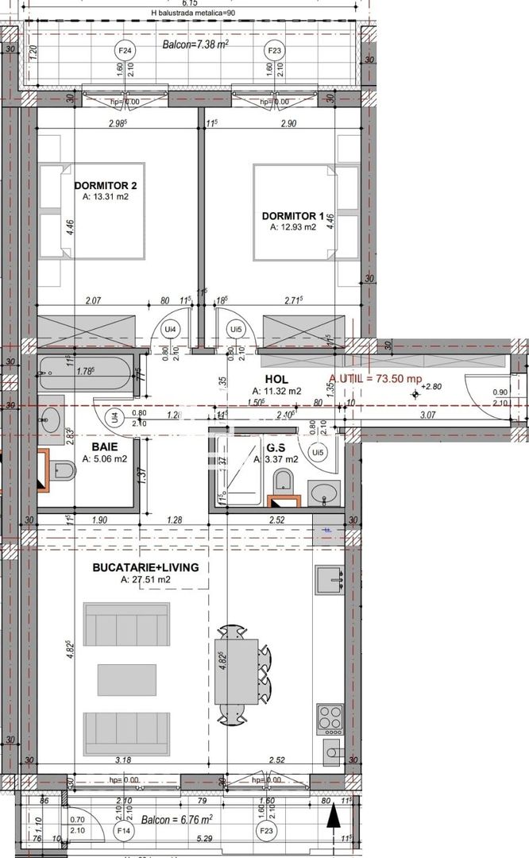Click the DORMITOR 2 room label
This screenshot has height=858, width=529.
tap(106, 185)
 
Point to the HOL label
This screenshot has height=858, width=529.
tap(277, 380)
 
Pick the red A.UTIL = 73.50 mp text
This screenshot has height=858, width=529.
tap(375, 380)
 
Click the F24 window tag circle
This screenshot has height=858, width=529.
tap(124, 50)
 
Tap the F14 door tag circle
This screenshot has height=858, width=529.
tap(124, 831)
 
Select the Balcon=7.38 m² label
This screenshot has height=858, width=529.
tap(195, 45)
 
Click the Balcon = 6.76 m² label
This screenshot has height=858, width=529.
tap(176, 819)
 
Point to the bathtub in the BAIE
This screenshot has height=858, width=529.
tap(83, 373)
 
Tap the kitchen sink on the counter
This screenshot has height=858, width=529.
tap(329, 581)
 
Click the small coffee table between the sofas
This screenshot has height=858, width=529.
tap(127, 679)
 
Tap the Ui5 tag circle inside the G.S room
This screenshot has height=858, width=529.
tap(318, 452)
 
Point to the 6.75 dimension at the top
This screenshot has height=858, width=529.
tap(190, 3)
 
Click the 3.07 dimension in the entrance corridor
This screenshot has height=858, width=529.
tap(428, 415)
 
